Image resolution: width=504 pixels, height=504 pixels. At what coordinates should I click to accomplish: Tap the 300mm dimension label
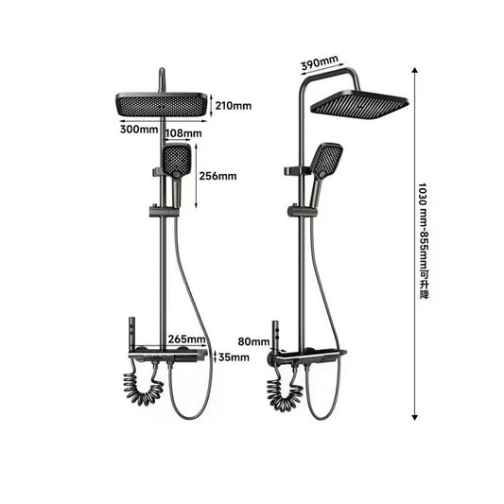[140, 129]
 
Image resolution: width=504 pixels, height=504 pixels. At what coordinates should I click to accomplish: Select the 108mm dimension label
[184, 134]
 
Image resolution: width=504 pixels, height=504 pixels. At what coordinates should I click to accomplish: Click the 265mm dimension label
[187, 339]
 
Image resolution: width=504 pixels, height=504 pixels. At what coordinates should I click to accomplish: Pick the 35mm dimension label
[234, 357]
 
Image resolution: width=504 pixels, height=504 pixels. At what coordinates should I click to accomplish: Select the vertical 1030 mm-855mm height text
[424, 241]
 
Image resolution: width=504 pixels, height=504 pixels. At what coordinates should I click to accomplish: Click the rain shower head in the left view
[162, 105]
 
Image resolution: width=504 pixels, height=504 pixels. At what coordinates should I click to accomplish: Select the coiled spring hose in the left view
[144, 388]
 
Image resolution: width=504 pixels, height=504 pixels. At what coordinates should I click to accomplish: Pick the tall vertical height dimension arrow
[414, 241]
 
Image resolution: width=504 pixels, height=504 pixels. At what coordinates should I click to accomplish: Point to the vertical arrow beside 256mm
[197, 177]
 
